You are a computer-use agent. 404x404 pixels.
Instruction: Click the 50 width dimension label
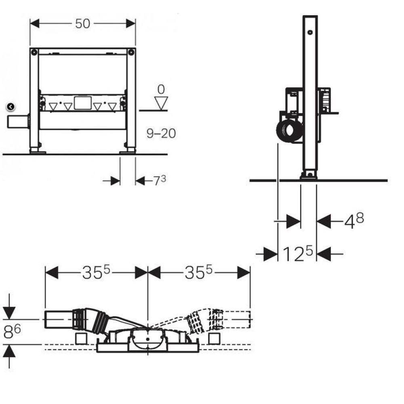coord(83,24)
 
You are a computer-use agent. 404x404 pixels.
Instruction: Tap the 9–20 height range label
coord(161,133)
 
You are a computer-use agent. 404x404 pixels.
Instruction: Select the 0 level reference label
coord(161,89)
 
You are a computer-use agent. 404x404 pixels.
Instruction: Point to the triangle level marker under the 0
coord(161,103)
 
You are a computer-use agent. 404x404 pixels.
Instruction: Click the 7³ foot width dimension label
coord(160,180)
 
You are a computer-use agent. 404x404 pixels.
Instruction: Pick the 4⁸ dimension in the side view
coord(354,221)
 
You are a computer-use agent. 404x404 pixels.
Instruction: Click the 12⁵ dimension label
coord(298,254)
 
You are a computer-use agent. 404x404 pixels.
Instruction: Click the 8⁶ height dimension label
coord(12,331)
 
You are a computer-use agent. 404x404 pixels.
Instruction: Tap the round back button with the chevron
coord(11,107)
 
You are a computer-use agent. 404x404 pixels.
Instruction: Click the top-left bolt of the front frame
coord(34,52)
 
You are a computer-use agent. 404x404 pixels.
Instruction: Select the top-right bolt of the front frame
coord(131,52)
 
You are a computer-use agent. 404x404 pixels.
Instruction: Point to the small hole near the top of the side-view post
coord(310,32)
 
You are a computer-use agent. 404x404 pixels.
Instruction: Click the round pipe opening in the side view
coord(290,130)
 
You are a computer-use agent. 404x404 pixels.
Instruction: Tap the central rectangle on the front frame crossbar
coord(83,103)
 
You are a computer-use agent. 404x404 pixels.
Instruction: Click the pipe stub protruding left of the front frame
coord(18,122)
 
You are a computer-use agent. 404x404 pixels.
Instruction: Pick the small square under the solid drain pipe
coord(82,338)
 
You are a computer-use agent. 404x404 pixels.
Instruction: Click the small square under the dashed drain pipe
coord(214,338)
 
